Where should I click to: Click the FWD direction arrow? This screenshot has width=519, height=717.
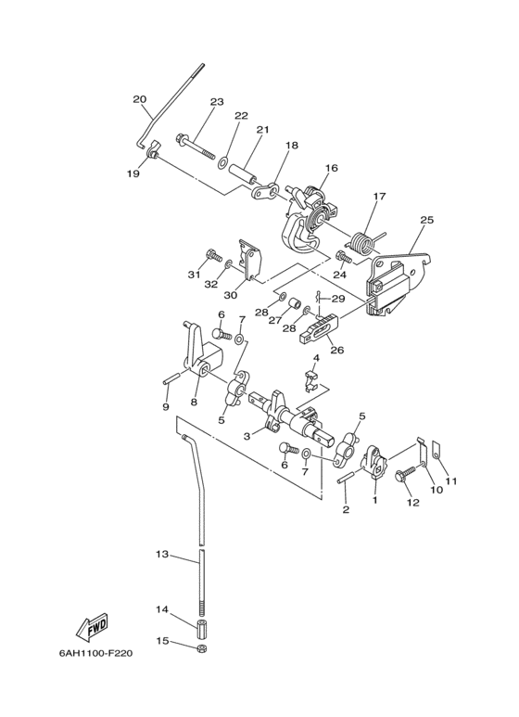92,626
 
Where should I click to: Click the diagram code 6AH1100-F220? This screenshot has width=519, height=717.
95,653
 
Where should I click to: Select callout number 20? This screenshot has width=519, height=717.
139,98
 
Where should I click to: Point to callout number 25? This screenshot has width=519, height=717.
426,220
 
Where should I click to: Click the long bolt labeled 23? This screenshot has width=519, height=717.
195,146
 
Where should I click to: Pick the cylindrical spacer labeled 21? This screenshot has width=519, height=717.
243,173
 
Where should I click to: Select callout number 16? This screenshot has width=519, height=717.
332,168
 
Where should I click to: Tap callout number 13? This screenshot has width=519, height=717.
162,554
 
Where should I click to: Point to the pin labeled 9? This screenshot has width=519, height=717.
171,381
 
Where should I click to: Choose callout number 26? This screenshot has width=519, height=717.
336,351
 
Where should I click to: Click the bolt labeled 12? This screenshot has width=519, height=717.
406,476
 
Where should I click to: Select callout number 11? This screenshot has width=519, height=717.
451,481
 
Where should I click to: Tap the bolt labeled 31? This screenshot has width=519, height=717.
214,255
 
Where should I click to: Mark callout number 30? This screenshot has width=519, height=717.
231,295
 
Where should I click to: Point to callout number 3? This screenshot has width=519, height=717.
247,437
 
